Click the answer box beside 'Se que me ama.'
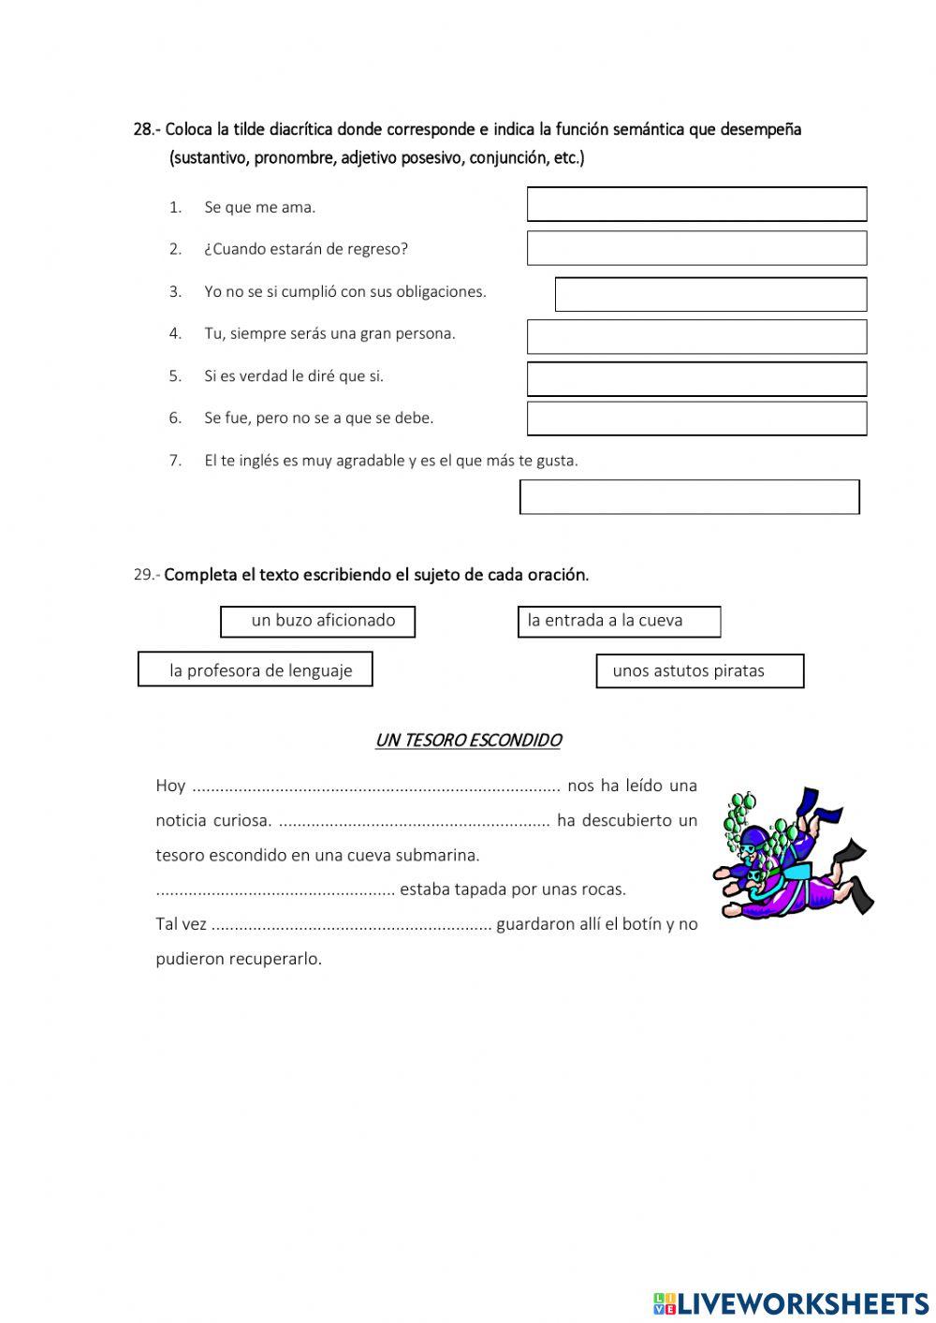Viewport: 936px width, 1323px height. click(x=696, y=204)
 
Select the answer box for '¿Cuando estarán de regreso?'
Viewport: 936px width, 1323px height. click(x=696, y=248)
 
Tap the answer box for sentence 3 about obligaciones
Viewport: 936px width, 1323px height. click(x=710, y=294)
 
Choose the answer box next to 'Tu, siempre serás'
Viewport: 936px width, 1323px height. click(x=696, y=336)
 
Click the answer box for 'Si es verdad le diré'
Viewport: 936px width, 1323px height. click(x=696, y=379)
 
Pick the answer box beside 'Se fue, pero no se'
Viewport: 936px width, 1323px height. click(x=696, y=419)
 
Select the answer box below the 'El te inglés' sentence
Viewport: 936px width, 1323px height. click(x=689, y=497)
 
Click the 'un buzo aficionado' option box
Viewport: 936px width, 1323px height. click(x=317, y=622)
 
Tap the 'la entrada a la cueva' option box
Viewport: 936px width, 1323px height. click(x=619, y=622)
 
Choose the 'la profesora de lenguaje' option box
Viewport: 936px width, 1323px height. click(x=255, y=669)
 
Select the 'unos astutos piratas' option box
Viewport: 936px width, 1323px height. click(x=699, y=670)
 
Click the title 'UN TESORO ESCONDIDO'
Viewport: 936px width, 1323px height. click(x=467, y=741)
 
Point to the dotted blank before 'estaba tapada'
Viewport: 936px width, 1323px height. click(x=275, y=890)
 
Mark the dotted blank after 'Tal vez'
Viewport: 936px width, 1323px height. click(x=351, y=925)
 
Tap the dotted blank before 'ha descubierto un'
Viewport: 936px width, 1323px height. click(x=414, y=821)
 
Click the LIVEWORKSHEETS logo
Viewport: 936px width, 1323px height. click(x=790, y=1302)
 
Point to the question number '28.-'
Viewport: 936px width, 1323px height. click(x=147, y=129)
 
